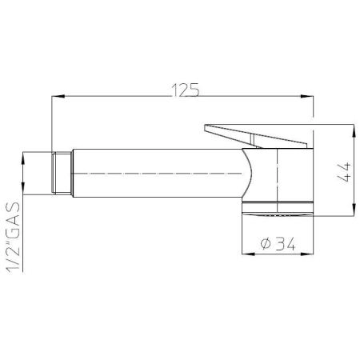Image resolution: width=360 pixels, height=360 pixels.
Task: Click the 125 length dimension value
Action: (x=186, y=90)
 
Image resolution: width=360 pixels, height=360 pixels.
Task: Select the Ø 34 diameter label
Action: (x=278, y=244)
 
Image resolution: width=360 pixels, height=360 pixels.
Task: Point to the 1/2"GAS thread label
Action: (x=13, y=238)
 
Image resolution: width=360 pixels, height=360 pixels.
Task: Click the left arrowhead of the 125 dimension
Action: (x=58, y=96)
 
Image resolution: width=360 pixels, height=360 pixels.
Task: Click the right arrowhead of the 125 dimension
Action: (x=307, y=96)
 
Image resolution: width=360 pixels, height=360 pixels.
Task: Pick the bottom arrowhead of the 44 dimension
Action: (x=354, y=210)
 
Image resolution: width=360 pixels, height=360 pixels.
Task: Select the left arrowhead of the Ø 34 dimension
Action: (x=248, y=254)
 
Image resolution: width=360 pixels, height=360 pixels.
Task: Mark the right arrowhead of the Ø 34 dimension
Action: (x=307, y=254)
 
